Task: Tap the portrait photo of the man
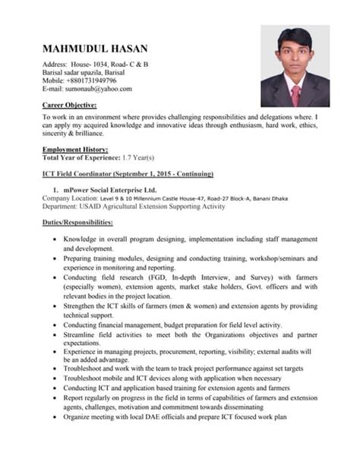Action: coord(295,66)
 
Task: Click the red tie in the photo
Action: coord(295,95)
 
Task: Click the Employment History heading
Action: coord(75,149)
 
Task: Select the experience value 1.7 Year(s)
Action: coord(136,157)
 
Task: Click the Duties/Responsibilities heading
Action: coord(77,222)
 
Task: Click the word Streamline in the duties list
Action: coord(80,335)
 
